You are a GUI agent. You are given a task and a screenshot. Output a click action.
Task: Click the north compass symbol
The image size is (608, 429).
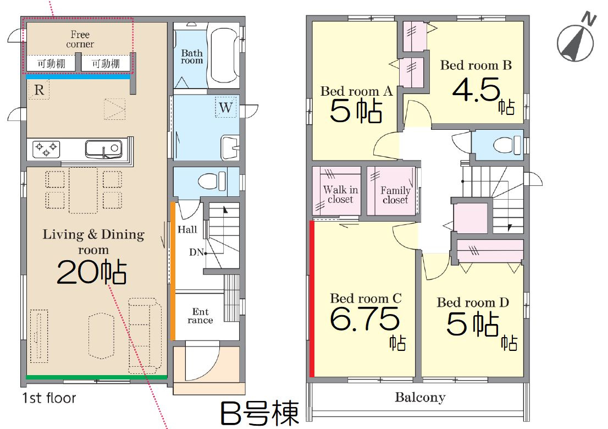click(576, 41)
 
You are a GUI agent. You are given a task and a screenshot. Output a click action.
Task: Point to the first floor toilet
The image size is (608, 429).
click(212, 181)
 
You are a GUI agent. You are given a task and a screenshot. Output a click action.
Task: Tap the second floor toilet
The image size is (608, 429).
click(507, 145)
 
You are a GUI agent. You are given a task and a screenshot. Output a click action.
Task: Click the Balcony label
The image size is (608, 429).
click(420, 398)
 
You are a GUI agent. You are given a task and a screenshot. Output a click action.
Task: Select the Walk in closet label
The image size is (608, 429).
click(340, 194)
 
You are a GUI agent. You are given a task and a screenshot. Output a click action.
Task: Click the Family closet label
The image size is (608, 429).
click(395, 195)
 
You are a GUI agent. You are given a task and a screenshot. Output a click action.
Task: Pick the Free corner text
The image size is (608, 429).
click(80, 39)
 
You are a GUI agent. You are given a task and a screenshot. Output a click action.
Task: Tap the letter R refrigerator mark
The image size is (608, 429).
click(39, 90)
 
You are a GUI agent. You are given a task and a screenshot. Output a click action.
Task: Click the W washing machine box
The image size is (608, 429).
click(226, 107)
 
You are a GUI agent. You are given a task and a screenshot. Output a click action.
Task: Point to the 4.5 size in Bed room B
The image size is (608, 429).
click(476, 90)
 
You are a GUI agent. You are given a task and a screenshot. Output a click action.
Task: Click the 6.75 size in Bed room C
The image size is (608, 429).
click(364, 318)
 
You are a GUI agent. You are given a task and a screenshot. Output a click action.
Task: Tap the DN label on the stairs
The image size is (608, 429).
click(196, 252)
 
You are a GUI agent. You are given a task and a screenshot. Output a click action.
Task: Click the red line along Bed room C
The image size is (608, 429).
click(312, 298)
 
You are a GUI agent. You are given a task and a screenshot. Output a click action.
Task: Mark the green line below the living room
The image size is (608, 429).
click(97, 377)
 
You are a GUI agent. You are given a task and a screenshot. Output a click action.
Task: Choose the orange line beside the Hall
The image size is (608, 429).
click(173, 271)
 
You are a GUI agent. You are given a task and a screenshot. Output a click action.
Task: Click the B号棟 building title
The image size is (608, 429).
click(260, 414)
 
